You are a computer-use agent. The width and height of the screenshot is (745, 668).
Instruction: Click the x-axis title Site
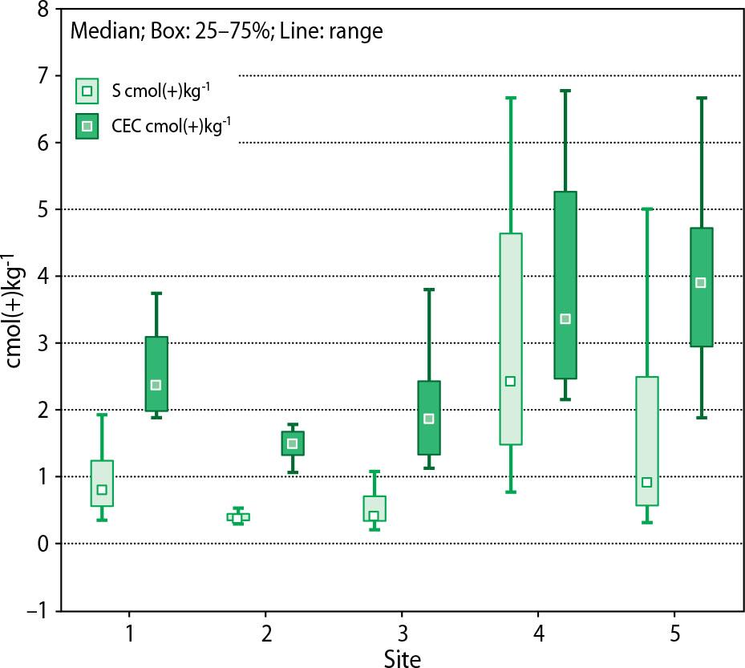tap(401, 658)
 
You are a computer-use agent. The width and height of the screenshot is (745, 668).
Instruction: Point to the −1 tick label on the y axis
tap(35, 611)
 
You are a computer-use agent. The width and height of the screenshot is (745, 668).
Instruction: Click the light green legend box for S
tap(87, 91)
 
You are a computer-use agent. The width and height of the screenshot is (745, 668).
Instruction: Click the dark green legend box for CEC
tap(87, 126)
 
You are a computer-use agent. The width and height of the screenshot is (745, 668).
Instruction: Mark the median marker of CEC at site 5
tap(701, 282)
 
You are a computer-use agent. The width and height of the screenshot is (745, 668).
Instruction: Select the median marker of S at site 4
tap(510, 381)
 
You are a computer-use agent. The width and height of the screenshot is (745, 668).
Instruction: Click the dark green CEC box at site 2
tap(293, 443)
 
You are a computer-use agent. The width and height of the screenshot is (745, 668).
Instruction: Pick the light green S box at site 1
tap(102, 483)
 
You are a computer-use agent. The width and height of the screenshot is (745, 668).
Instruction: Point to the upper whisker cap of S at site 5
tap(646, 209)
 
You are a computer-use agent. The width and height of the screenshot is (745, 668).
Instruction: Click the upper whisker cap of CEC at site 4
tap(565, 91)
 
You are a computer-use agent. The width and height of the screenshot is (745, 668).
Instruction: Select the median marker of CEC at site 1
tap(156, 385)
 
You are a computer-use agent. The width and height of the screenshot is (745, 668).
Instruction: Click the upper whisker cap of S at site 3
tap(374, 472)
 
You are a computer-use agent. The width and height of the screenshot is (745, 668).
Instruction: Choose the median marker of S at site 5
tap(646, 482)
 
